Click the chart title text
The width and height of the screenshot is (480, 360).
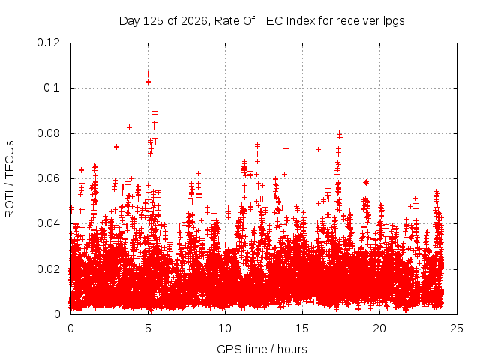(x=262, y=21)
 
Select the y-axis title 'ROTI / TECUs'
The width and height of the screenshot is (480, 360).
(x=10, y=179)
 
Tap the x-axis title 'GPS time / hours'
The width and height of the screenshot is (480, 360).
(x=262, y=349)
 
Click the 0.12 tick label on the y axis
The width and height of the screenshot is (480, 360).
(x=48, y=43)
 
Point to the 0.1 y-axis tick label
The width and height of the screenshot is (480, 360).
(x=52, y=88)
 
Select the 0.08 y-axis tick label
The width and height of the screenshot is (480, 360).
(x=48, y=133)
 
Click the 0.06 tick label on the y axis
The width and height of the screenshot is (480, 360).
(x=48, y=178)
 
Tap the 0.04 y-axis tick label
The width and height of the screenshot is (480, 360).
(x=48, y=223)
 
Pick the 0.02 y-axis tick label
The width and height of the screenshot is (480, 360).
(x=48, y=269)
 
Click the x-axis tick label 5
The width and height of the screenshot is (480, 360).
(x=148, y=328)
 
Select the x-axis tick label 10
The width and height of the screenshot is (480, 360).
(x=225, y=328)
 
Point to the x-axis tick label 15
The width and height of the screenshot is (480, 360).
(x=302, y=328)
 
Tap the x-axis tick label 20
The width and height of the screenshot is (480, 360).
(x=379, y=328)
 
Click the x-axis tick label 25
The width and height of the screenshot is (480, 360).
(x=457, y=328)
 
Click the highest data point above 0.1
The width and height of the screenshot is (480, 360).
(x=148, y=74)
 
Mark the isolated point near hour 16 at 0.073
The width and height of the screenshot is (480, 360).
(x=318, y=149)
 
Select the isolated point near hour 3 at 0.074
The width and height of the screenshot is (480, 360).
(x=116, y=147)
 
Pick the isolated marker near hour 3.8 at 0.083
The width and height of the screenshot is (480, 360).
(x=130, y=127)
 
